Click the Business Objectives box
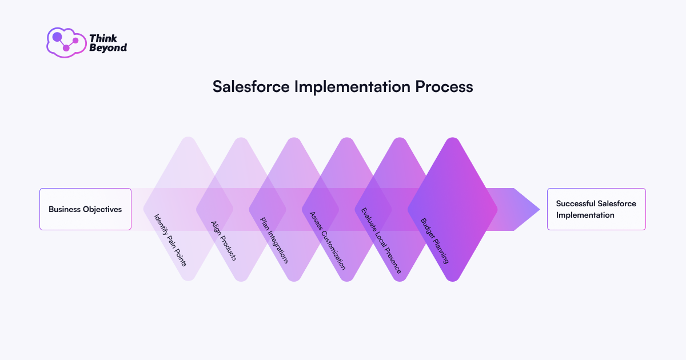tap(85, 209)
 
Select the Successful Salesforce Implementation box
tap(596, 209)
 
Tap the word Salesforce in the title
tap(251, 87)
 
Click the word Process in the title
tap(444, 87)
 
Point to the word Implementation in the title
tap(352, 87)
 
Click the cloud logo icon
tap(66, 42)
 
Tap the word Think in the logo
tap(103, 38)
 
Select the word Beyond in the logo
tap(108, 48)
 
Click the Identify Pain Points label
tap(170, 241)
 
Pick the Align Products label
tap(224, 241)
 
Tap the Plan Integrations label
tap(274, 241)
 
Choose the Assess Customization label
tap(328, 241)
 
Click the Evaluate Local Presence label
tap(381, 241)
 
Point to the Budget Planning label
tap(434, 241)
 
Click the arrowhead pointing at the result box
tap(527, 209)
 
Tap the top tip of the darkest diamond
tap(453, 138)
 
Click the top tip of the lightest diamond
tap(188, 138)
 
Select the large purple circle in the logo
tap(57, 37)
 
